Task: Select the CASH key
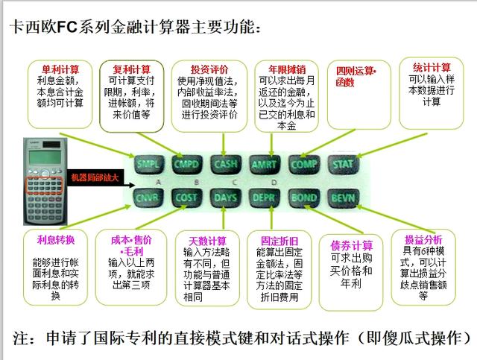[x=225, y=163]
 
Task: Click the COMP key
[x=304, y=163]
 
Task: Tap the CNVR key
[x=147, y=198]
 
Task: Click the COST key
[x=186, y=198]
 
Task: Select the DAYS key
[x=225, y=198]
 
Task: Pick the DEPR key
[x=265, y=198]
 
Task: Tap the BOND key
[x=304, y=198]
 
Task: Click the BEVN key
[x=344, y=198]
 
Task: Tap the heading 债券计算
[x=351, y=246]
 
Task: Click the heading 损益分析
[x=423, y=240]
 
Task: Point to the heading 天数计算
[x=206, y=241]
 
